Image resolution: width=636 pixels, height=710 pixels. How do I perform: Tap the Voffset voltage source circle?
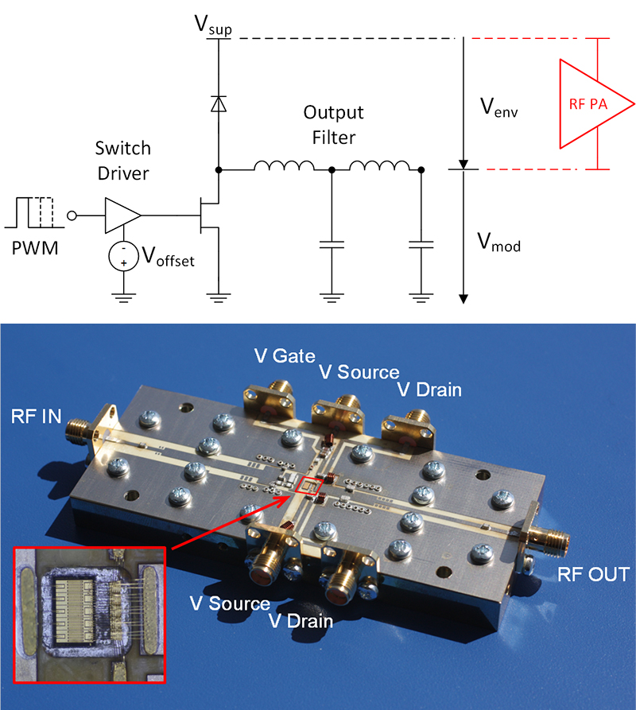(x=122, y=256)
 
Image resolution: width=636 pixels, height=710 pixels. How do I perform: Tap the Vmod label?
(x=499, y=242)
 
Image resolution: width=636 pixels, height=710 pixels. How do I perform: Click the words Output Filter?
(x=334, y=125)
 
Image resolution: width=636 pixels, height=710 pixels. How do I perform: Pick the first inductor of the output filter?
(x=284, y=168)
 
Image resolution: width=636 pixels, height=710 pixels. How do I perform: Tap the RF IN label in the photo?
(x=35, y=415)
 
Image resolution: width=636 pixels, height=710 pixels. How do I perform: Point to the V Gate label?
(x=283, y=355)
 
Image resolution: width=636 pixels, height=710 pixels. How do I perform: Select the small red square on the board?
(x=306, y=486)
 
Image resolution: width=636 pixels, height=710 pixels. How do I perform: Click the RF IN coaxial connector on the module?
(x=83, y=430)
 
